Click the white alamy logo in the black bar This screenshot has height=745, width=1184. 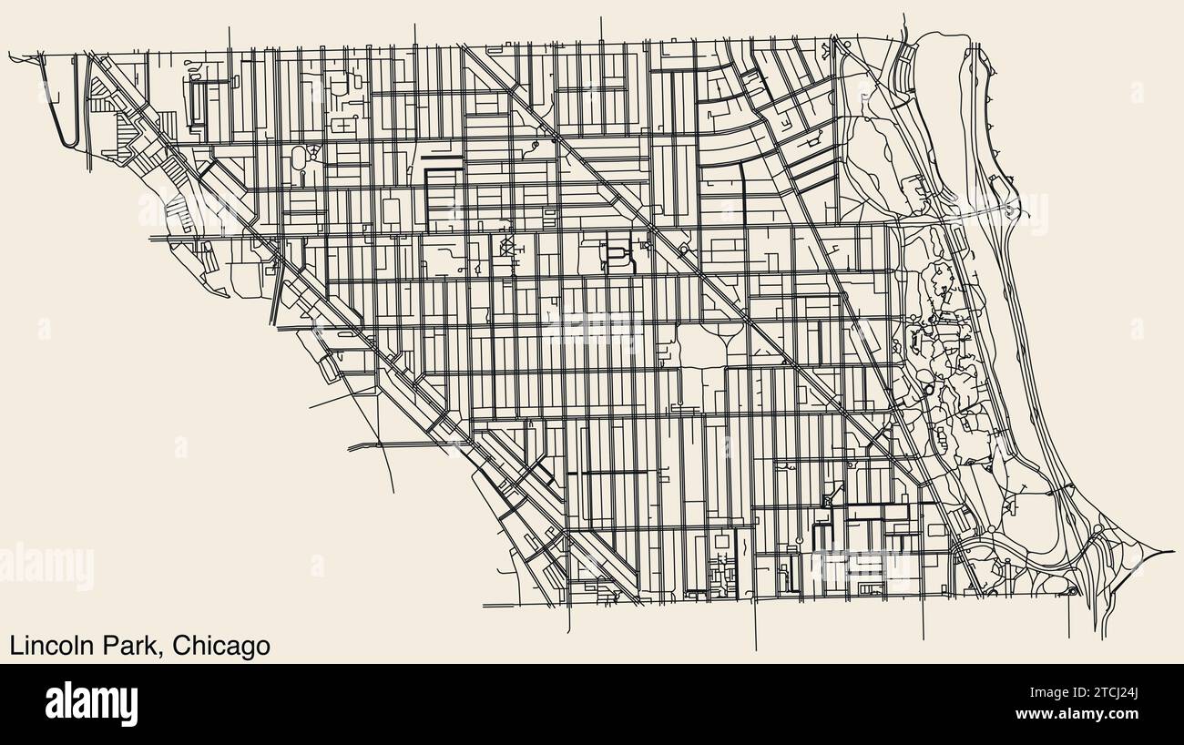pyautogui.click(x=92, y=703)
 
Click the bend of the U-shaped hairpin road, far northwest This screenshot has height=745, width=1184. pyautogui.click(x=68, y=143)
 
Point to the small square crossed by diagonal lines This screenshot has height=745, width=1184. pyautogui.click(x=505, y=246)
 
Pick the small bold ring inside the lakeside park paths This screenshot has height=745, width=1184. pyautogui.click(x=928, y=389)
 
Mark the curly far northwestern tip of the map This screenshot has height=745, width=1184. pyautogui.click(x=14, y=56)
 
